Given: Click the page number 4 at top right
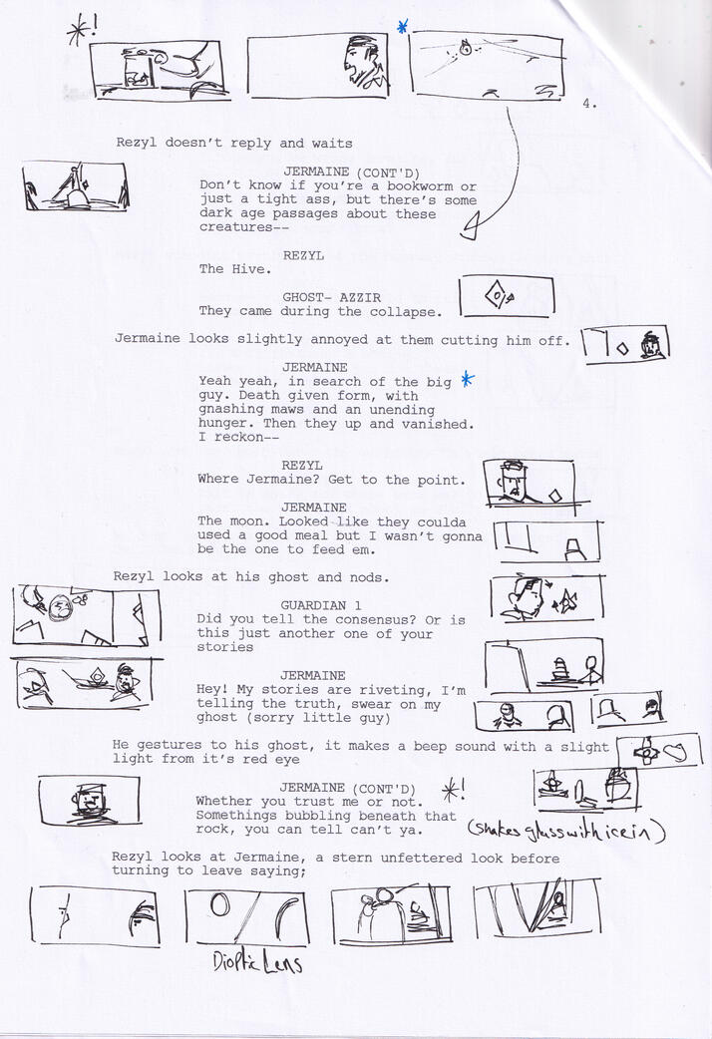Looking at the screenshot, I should (588, 101).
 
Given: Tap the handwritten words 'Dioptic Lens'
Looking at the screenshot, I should (257, 963).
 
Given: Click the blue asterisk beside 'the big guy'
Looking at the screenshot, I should (467, 380).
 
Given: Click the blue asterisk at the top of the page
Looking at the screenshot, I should (402, 28).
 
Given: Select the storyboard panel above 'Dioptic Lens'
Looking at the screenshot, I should (246, 917).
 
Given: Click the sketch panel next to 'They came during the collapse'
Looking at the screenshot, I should (506, 296).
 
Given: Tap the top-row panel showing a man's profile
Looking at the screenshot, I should (317, 66).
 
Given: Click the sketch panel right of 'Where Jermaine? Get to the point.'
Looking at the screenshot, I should (529, 483).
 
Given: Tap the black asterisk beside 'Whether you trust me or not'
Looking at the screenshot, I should (452, 791).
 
